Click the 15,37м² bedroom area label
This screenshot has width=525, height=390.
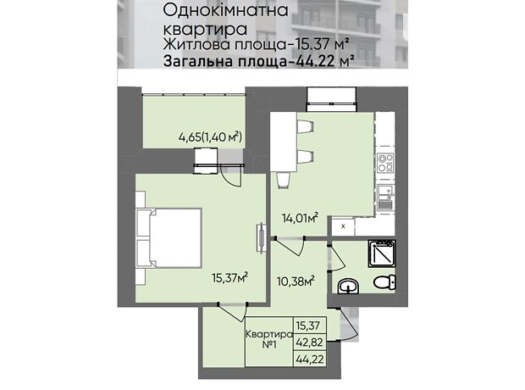pyautogui.click(x=229, y=277)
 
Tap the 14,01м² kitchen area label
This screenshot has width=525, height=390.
pyautogui.click(x=300, y=218)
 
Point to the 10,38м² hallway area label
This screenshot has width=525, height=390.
pyautogui.click(x=296, y=281)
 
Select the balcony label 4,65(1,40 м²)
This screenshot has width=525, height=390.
pyautogui.click(x=210, y=136)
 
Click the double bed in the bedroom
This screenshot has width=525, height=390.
pyautogui.click(x=169, y=238)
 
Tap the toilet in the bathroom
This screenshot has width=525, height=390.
pyautogui.click(x=384, y=281)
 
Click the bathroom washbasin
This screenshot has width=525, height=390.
pyautogui.click(x=348, y=287)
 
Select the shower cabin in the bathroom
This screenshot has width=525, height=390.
pyautogui.click(x=382, y=253)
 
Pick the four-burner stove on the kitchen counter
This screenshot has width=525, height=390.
pyautogui.click(x=385, y=163)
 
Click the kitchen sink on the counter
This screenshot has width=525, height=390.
pyautogui.click(x=385, y=198)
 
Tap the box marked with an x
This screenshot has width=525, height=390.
pyautogui.click(x=343, y=226)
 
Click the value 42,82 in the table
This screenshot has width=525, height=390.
pyautogui.click(x=310, y=343)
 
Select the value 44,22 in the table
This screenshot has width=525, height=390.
pyautogui.click(x=310, y=359)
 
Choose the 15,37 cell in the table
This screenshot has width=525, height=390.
pyautogui.click(x=308, y=326)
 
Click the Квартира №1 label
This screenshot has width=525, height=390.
pyautogui.click(x=269, y=339)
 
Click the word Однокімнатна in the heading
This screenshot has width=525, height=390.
pyautogui.click(x=225, y=10)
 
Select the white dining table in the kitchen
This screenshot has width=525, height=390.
pyautogui.click(x=284, y=142)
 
